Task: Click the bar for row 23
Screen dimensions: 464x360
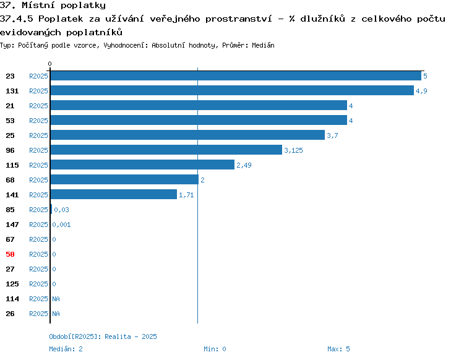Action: point(236,75)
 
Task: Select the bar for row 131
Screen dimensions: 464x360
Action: point(232,90)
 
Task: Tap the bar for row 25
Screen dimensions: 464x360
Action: point(187,135)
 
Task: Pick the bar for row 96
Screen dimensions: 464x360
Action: point(166,150)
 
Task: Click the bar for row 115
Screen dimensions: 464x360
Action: point(142,165)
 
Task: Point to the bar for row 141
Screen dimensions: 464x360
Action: point(114,194)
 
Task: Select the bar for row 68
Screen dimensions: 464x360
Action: point(124,179)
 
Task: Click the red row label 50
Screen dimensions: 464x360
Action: point(10,254)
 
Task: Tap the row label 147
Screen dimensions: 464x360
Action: point(12,225)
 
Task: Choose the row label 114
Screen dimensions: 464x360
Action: point(12,299)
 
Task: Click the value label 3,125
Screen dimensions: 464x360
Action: point(293,150)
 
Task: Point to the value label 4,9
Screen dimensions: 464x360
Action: point(421,91)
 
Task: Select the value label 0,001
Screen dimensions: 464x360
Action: point(61,225)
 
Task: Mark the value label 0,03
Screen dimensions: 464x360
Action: point(61,210)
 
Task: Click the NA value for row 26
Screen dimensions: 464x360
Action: point(56,314)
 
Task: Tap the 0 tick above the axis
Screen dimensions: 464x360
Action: point(49,64)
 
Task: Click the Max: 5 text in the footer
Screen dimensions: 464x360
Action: point(338,349)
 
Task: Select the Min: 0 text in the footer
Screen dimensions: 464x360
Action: point(215,349)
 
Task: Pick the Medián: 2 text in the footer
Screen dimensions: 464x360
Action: point(66,349)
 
